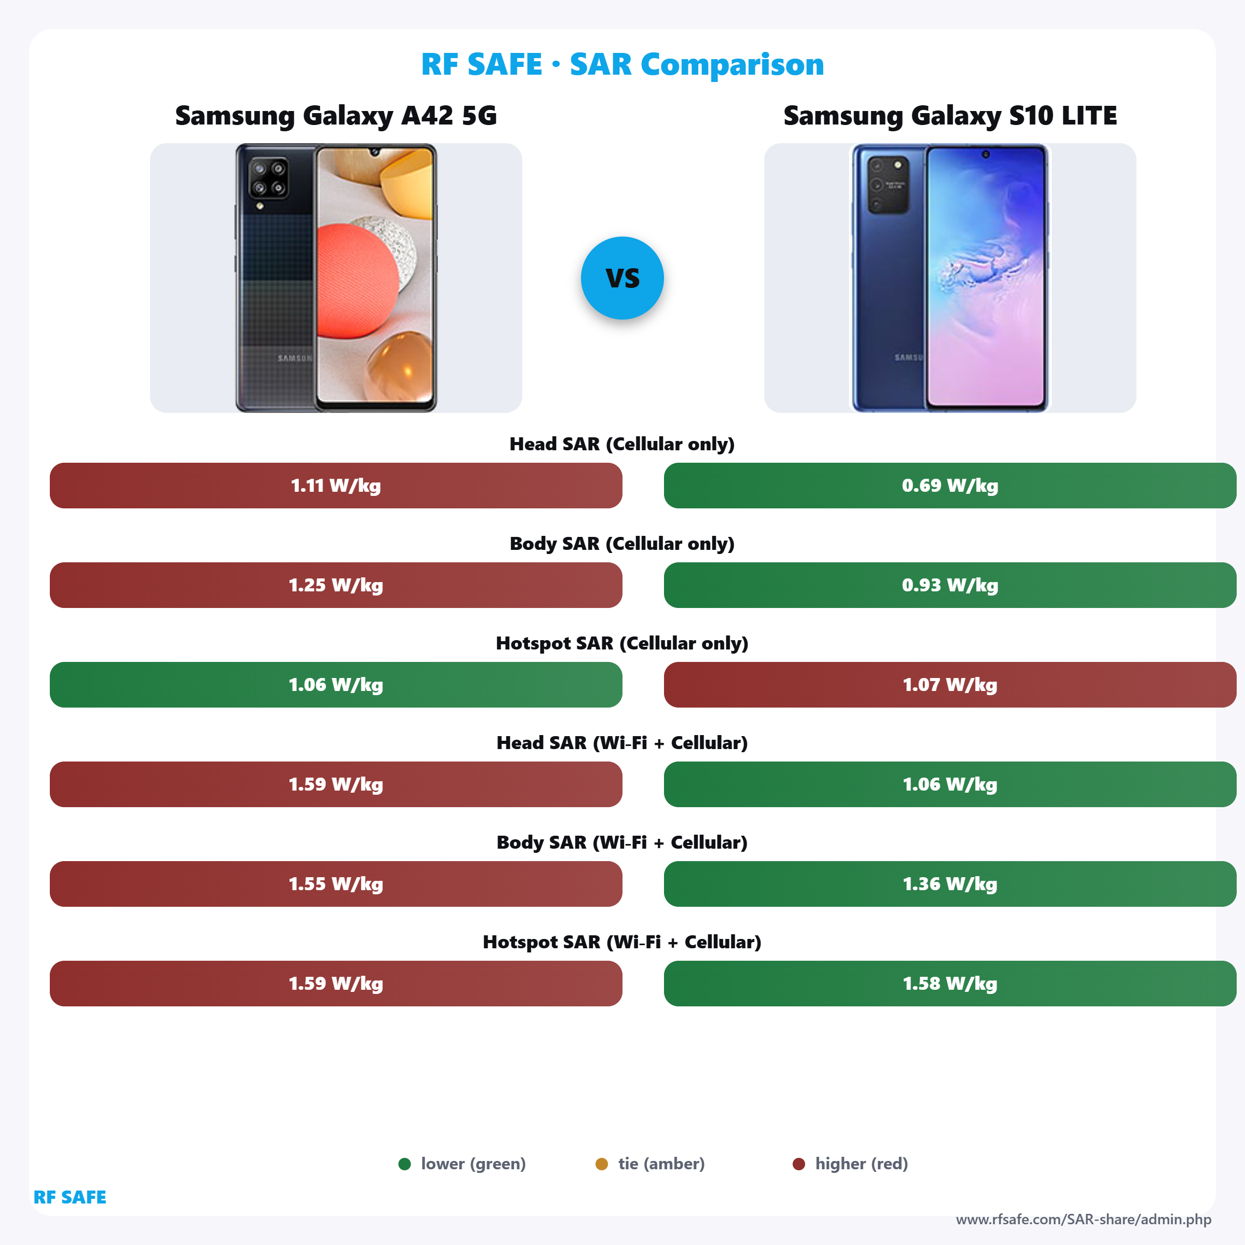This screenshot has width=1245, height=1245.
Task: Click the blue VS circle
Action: tap(622, 278)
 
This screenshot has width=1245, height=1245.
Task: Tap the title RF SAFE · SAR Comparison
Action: tap(622, 64)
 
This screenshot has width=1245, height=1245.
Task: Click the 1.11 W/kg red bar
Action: tap(336, 485)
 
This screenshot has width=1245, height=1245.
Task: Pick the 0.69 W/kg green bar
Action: tap(950, 485)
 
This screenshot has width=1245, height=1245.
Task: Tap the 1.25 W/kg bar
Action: tap(336, 585)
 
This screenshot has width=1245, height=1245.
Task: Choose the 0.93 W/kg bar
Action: tap(950, 585)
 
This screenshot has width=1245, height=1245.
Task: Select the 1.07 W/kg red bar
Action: tap(950, 684)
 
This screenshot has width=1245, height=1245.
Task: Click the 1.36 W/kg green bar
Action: tap(950, 883)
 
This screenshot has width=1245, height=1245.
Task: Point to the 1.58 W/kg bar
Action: tap(950, 984)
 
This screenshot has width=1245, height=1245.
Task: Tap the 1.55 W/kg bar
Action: tap(336, 883)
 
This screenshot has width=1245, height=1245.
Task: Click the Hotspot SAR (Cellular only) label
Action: tap(622, 643)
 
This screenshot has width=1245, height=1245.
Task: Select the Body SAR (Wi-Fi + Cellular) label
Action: tap(622, 842)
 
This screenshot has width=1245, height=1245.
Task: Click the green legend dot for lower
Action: tap(405, 1164)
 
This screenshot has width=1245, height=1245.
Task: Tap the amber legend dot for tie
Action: tap(601, 1164)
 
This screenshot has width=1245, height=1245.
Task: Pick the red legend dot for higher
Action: tap(798, 1164)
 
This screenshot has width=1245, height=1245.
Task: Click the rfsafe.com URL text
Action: tap(1083, 1219)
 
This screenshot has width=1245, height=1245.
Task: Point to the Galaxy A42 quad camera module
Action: tap(269, 178)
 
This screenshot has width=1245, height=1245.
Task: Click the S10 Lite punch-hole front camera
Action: tap(985, 154)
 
